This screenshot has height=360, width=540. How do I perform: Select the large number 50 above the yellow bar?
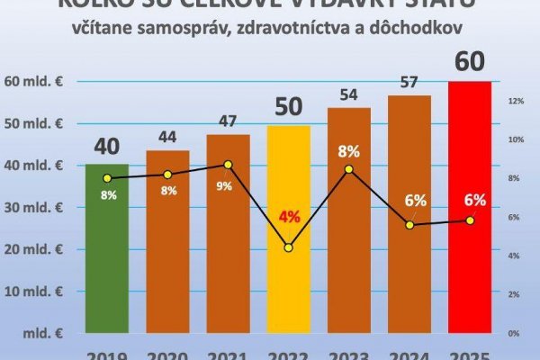(289, 108)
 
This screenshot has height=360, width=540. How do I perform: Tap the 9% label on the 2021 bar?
(229, 186)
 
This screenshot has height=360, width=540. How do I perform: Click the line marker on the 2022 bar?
(289, 247)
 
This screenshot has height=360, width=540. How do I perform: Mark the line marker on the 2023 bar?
(350, 169)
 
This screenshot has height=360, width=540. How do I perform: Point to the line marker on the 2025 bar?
(471, 220)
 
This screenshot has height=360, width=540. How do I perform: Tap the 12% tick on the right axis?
(516, 101)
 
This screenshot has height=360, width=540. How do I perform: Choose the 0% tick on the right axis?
(516, 333)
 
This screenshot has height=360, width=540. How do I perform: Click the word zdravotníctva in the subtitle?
(305, 29)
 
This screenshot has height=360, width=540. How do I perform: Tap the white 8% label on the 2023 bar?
(350, 150)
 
